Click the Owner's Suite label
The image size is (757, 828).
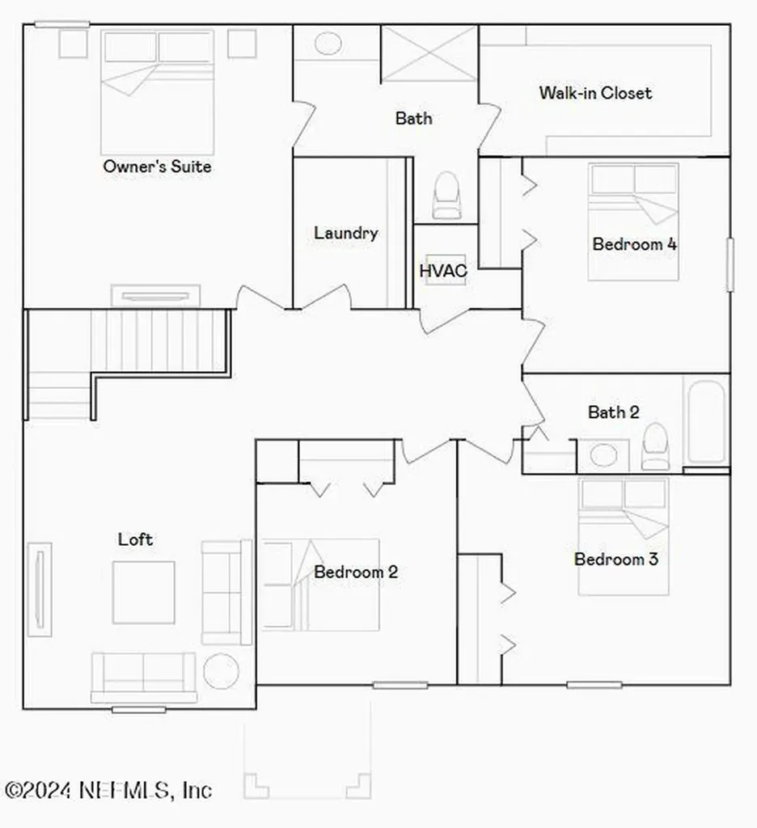point(157,167)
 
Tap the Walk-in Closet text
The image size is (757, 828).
point(595,93)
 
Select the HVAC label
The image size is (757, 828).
point(442,271)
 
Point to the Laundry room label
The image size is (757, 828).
point(345,234)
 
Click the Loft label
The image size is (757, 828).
point(135,539)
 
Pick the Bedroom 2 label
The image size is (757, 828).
point(356,572)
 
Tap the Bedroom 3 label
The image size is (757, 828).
point(615,559)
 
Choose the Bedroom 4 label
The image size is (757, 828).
point(634,244)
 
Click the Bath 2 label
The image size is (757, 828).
point(613,412)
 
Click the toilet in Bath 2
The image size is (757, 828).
point(655,447)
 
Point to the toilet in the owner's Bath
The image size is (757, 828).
point(446,196)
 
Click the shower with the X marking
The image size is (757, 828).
point(429,53)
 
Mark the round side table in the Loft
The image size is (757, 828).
point(221,671)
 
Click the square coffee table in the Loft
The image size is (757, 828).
point(143,592)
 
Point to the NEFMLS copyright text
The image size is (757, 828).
point(108,789)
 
